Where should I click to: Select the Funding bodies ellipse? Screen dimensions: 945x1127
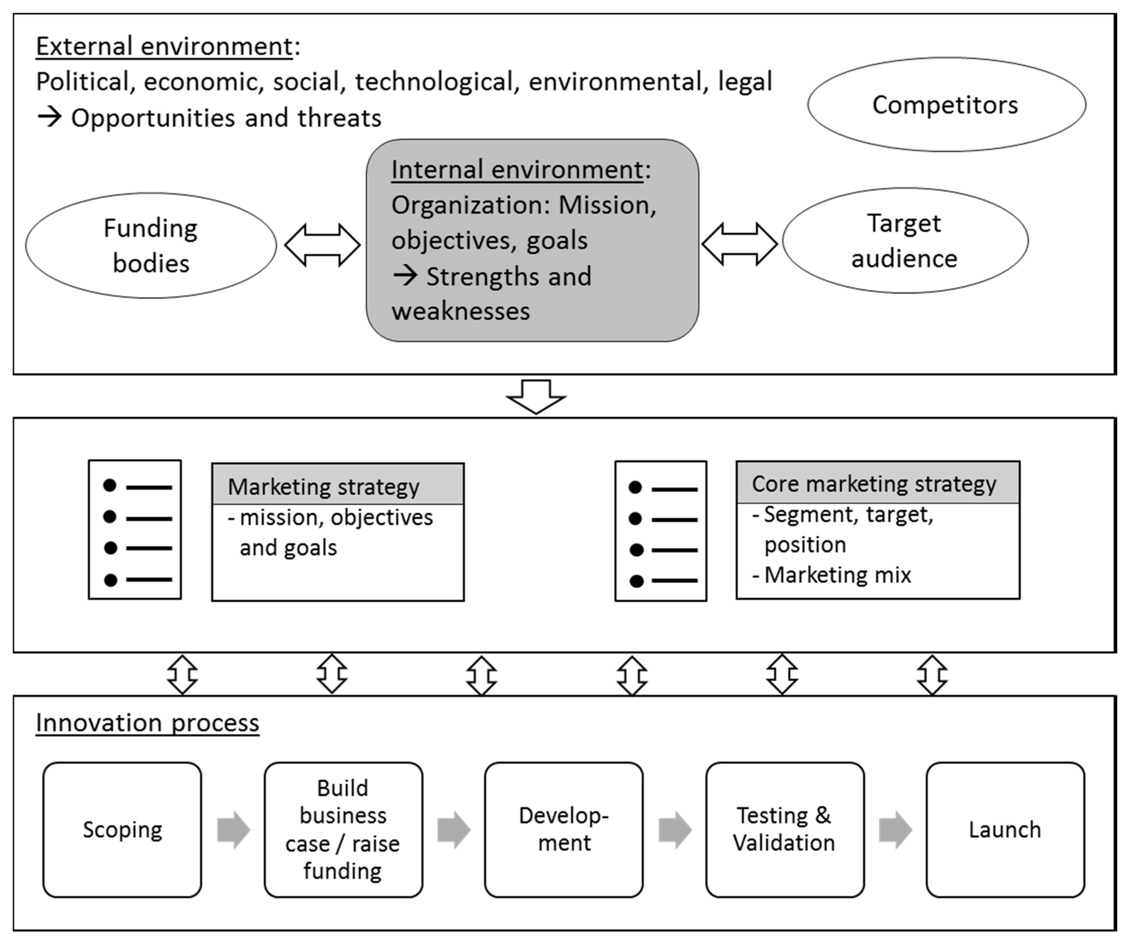pos(151,246)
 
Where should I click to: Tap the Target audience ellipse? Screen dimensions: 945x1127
pos(905,240)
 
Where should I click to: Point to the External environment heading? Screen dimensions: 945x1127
pos(164,46)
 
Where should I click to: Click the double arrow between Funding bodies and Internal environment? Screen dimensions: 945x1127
pos(322,245)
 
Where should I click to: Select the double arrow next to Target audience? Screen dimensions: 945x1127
pos(740,244)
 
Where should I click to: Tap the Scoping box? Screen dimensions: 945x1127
pos(122,829)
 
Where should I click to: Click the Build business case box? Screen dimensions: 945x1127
pos(343,829)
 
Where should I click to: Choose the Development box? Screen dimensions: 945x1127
pos(563,829)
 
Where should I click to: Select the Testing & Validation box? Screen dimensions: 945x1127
pos(785,829)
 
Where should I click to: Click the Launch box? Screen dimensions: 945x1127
pos(1005,829)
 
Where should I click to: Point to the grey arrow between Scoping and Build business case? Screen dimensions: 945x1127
pos(233,829)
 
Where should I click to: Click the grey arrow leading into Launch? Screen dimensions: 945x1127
pos(895,829)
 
